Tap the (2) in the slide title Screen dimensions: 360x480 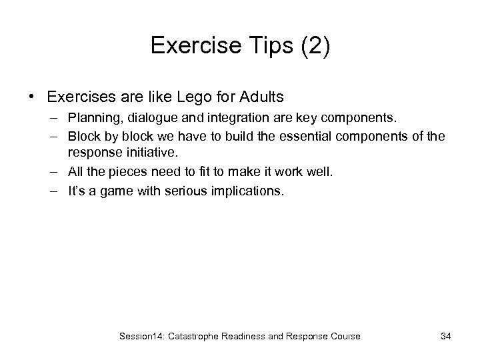[x=312, y=45]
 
